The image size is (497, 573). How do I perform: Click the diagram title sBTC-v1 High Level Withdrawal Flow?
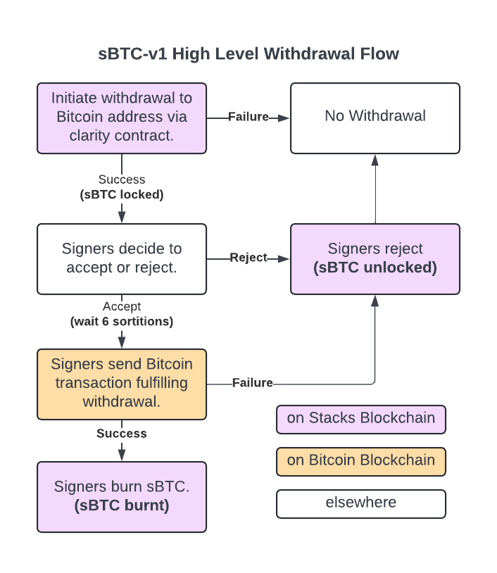249,53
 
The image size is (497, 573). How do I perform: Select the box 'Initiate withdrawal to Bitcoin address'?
122,118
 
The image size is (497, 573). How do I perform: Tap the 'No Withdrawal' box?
375,118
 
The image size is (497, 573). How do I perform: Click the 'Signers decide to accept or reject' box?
122,259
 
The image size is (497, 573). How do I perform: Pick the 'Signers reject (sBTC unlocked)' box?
375,259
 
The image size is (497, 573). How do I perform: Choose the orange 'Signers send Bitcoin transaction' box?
122,384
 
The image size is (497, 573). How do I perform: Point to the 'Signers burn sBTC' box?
122,497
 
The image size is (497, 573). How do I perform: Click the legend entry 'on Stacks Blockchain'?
361,419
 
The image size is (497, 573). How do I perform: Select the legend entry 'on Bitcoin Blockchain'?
361,462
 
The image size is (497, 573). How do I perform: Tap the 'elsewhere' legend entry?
361,503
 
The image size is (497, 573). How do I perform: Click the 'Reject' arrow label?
249,257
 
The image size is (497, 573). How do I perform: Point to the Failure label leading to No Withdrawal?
249,117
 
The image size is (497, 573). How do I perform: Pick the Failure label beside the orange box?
253,383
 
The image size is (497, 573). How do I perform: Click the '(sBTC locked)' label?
122,194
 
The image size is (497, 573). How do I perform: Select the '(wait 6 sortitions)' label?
122,321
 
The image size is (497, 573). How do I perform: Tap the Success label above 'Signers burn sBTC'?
122,433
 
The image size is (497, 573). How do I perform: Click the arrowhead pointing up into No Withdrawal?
375,160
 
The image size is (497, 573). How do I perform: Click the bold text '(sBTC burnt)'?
122,505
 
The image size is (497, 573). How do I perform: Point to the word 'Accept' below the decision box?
122,306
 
